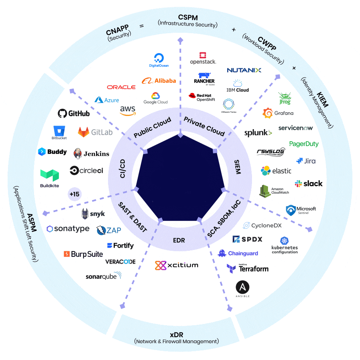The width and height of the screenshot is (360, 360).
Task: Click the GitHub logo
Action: [74, 114]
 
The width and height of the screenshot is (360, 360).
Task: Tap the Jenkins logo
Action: [92, 153]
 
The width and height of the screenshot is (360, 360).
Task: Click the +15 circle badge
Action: [75, 194]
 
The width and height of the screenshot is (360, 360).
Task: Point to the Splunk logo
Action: [258, 133]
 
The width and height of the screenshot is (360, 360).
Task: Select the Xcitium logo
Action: [176, 265]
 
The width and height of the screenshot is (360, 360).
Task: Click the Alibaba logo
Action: [159, 81]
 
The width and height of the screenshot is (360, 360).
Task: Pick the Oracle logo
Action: [121, 87]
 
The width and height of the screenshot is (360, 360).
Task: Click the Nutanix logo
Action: [244, 70]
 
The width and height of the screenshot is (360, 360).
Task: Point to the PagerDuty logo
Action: [304, 144]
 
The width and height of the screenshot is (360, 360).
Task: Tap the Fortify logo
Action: [120, 246]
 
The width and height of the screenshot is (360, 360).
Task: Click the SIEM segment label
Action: [237, 166]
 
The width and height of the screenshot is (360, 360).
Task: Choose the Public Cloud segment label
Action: [152, 127]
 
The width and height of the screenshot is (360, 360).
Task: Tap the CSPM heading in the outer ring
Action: [188, 18]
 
